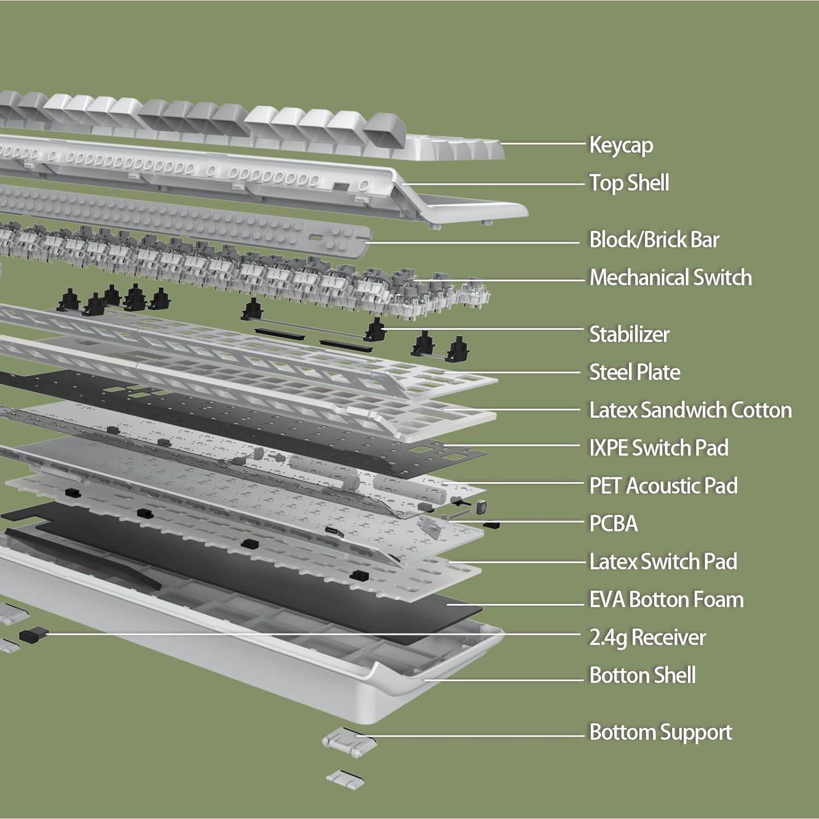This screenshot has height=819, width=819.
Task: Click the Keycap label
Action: coord(621,145)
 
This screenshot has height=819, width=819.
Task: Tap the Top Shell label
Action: coord(629,183)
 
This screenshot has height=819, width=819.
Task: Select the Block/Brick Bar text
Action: coord(654,240)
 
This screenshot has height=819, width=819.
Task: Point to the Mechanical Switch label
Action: coord(670,277)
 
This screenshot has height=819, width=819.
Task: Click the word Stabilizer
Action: coord(629,334)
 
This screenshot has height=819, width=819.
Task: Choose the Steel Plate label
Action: coord(634,372)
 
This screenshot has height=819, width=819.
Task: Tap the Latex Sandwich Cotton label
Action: coord(690,410)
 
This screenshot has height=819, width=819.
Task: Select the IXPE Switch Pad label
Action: coord(658,448)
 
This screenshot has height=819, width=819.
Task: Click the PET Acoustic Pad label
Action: coord(663,486)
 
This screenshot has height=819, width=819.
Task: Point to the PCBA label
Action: coord(613,524)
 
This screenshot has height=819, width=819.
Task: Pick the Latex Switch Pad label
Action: coord(663,561)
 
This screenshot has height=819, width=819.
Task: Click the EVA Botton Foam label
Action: coord(666,600)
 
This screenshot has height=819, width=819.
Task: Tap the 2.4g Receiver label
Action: coord(647,637)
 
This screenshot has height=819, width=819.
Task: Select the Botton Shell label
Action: coord(642,675)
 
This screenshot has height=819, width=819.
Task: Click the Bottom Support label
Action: coord(660,732)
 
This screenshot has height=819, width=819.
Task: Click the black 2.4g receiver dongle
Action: coord(32,634)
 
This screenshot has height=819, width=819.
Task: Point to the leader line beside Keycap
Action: coord(543,144)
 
